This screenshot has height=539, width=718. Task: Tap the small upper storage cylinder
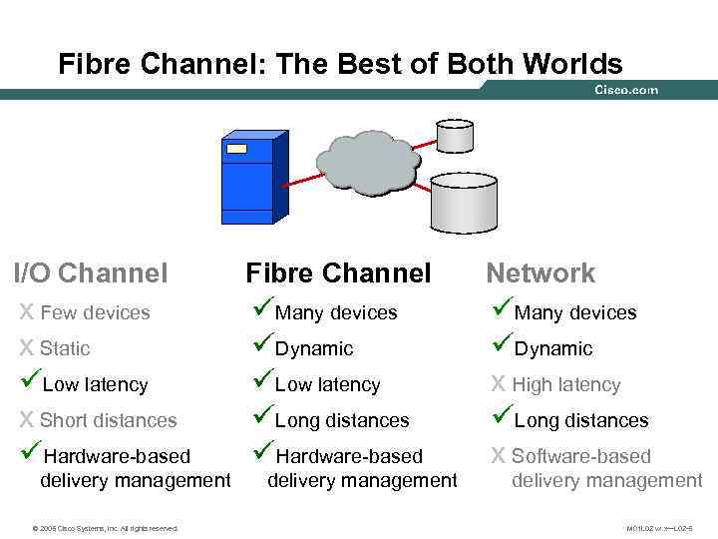tap(453, 134)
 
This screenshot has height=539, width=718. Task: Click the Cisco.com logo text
tap(625, 90)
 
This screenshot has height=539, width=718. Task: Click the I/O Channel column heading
tap(91, 272)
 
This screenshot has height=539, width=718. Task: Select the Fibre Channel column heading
tap(338, 272)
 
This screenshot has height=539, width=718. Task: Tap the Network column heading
tap(539, 272)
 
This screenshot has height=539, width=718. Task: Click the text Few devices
tap(95, 313)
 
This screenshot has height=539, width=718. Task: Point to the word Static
tap(65, 349)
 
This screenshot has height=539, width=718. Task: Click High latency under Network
tap(565, 385)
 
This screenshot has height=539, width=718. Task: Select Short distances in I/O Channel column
tap(108, 421)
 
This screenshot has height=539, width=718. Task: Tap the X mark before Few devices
tap(27, 313)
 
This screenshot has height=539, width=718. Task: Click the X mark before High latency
tap(498, 385)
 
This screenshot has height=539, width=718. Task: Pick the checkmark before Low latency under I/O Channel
tap(29, 381)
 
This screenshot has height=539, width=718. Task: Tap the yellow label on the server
tap(236, 149)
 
